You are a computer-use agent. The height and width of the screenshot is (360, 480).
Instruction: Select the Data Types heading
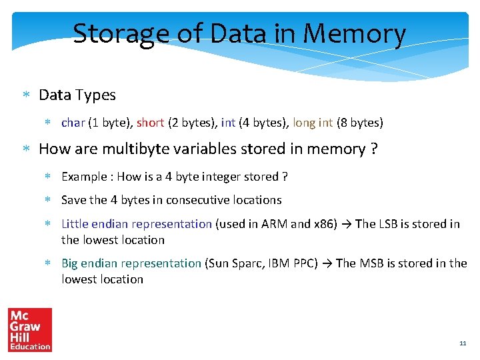(77, 95)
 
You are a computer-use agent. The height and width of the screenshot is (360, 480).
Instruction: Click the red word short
(150, 123)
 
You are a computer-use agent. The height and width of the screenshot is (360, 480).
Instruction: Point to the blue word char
(73, 123)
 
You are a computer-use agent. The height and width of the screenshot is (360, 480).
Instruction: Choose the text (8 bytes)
(360, 123)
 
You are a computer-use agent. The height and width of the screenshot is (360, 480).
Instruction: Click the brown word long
(303, 123)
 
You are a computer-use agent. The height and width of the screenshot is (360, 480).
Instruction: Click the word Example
(84, 177)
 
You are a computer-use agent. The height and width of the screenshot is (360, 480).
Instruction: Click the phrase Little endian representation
(137, 224)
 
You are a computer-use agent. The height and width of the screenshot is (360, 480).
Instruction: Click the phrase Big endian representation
(131, 263)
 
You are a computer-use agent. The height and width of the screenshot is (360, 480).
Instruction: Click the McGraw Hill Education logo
(29, 329)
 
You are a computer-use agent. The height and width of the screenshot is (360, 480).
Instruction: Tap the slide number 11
(463, 343)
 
